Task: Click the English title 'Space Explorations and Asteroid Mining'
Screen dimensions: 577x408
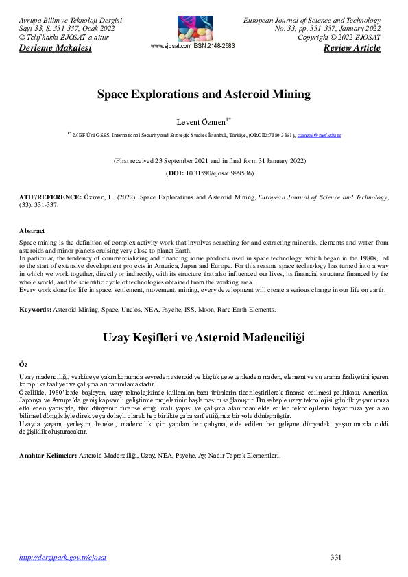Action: [204, 94]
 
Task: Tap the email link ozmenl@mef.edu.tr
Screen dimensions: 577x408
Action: [319, 136]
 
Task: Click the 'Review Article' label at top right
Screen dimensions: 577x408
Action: [352, 48]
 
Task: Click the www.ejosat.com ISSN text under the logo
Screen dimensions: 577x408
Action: [192, 46]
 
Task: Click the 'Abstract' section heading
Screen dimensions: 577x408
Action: [32, 231]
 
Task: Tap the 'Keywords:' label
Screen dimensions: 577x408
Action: [35, 310]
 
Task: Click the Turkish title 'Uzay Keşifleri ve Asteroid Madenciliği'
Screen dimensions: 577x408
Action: [204, 337]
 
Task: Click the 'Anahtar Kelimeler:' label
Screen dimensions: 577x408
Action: [48, 455]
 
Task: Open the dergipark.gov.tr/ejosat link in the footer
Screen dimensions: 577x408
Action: [63, 557]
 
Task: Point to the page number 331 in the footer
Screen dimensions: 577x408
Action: [335, 557]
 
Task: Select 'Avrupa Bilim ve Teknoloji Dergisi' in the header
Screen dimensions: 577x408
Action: [71, 20]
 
